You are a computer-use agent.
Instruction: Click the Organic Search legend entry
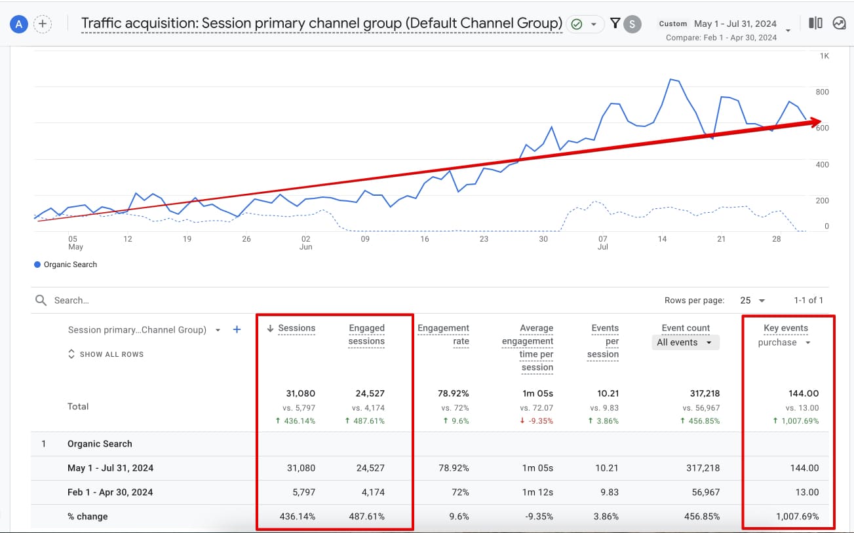tap(66, 265)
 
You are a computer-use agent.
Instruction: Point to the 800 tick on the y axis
tap(822, 92)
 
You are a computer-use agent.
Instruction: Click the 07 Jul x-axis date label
tap(602, 243)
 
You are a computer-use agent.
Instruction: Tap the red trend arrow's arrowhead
tap(815, 121)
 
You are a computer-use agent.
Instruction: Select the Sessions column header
tap(296, 328)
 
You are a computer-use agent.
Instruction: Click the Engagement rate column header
tap(444, 334)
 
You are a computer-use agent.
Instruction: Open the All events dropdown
tap(685, 342)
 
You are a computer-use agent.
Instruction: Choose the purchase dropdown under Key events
tap(785, 342)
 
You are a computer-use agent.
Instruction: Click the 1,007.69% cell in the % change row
tap(796, 516)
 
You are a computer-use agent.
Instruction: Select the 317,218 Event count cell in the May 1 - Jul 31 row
tap(705, 468)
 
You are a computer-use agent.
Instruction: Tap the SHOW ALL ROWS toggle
tap(106, 354)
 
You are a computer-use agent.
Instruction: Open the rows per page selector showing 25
tap(752, 301)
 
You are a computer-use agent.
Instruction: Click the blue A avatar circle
tap(19, 24)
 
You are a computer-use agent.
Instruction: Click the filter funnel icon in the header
tap(615, 24)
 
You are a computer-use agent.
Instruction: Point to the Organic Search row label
tap(100, 444)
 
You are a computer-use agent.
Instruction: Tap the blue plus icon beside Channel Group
tap(237, 330)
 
